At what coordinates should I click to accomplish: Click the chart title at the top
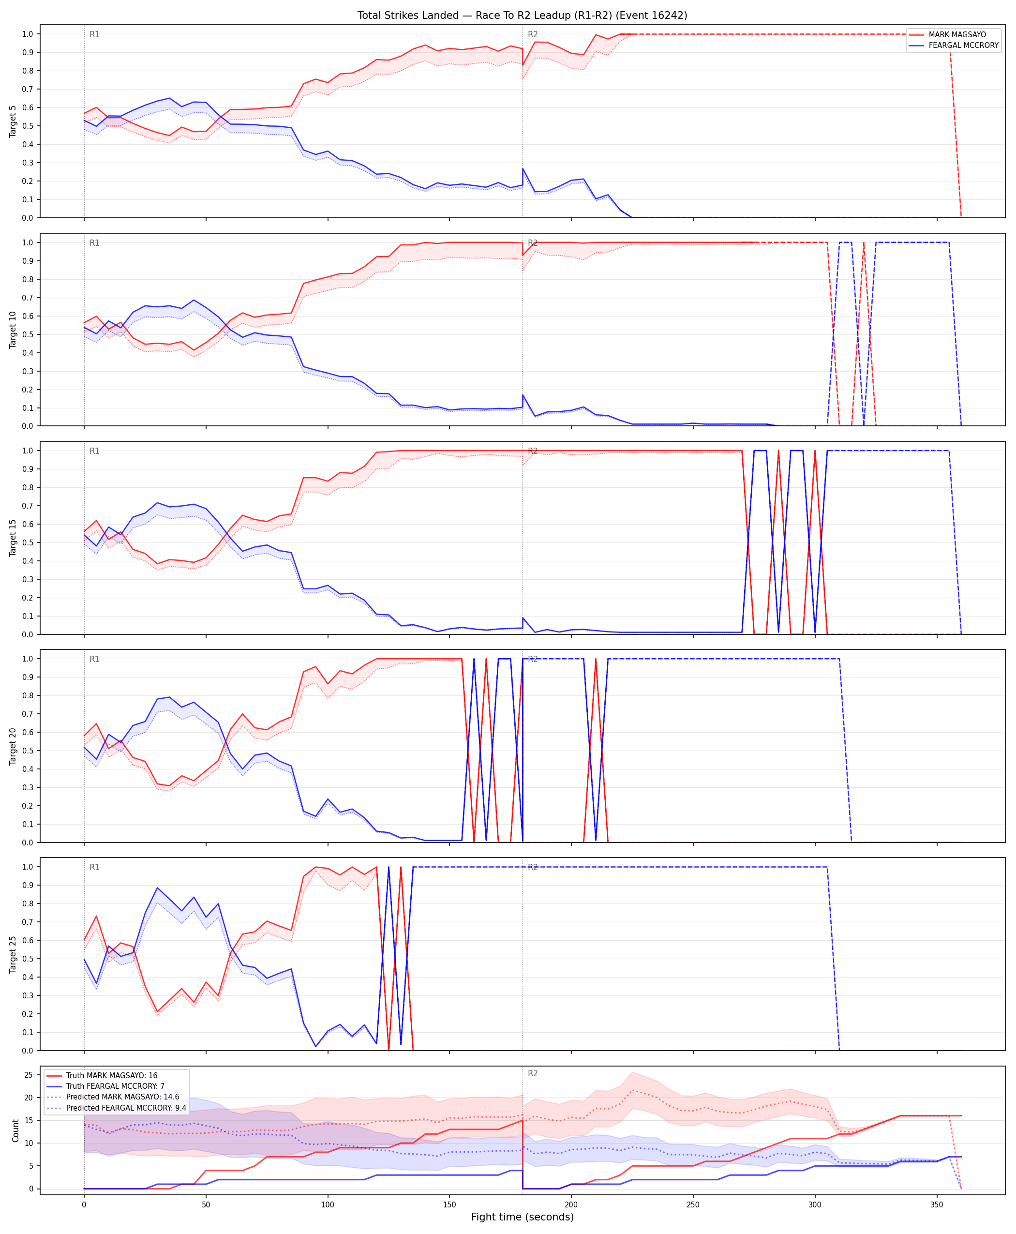[x=522, y=15]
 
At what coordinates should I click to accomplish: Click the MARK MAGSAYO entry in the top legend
[x=957, y=34]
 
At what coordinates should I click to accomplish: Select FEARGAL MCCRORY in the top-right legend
[x=963, y=45]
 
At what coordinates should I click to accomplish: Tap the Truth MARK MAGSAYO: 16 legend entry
[x=112, y=1075]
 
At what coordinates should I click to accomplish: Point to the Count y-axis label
[x=15, y=1131]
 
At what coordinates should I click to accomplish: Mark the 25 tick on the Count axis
[x=28, y=1075]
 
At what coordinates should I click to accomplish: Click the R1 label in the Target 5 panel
[x=94, y=34]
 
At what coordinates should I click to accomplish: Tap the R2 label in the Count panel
[x=533, y=1074]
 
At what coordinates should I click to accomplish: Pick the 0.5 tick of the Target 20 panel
[x=28, y=751]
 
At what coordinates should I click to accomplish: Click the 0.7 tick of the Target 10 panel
[x=28, y=298]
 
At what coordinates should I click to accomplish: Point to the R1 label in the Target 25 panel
[x=94, y=868]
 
